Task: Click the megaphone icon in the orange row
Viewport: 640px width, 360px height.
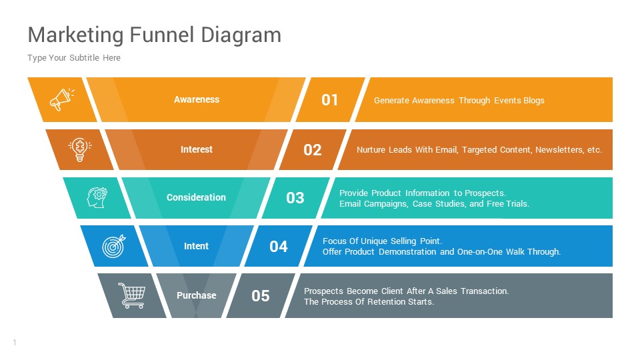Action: coord(61,100)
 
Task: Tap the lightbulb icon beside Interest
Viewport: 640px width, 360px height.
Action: coord(79,149)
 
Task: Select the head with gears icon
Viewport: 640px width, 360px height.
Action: coord(97,197)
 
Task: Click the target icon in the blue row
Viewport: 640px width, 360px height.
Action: coord(113,247)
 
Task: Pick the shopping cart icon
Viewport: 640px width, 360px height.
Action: coord(131,295)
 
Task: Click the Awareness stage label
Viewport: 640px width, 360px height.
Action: coord(197,99)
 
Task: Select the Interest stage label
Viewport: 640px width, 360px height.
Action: coord(197,149)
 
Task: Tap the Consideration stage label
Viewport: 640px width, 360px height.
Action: coord(196,197)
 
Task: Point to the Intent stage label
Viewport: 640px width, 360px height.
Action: coord(196,246)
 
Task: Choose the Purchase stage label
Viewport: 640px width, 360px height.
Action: coord(196,295)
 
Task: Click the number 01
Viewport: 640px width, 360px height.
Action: coord(330,100)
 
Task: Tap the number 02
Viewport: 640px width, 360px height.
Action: coord(313,150)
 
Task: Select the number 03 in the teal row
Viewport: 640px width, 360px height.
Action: coord(295,198)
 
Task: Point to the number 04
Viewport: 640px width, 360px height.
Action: coord(279,247)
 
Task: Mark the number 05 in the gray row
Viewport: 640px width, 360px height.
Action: coord(261,296)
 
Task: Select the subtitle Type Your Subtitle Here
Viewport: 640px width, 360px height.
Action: coord(74,58)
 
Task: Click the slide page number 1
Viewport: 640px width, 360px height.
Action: coord(14,343)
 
